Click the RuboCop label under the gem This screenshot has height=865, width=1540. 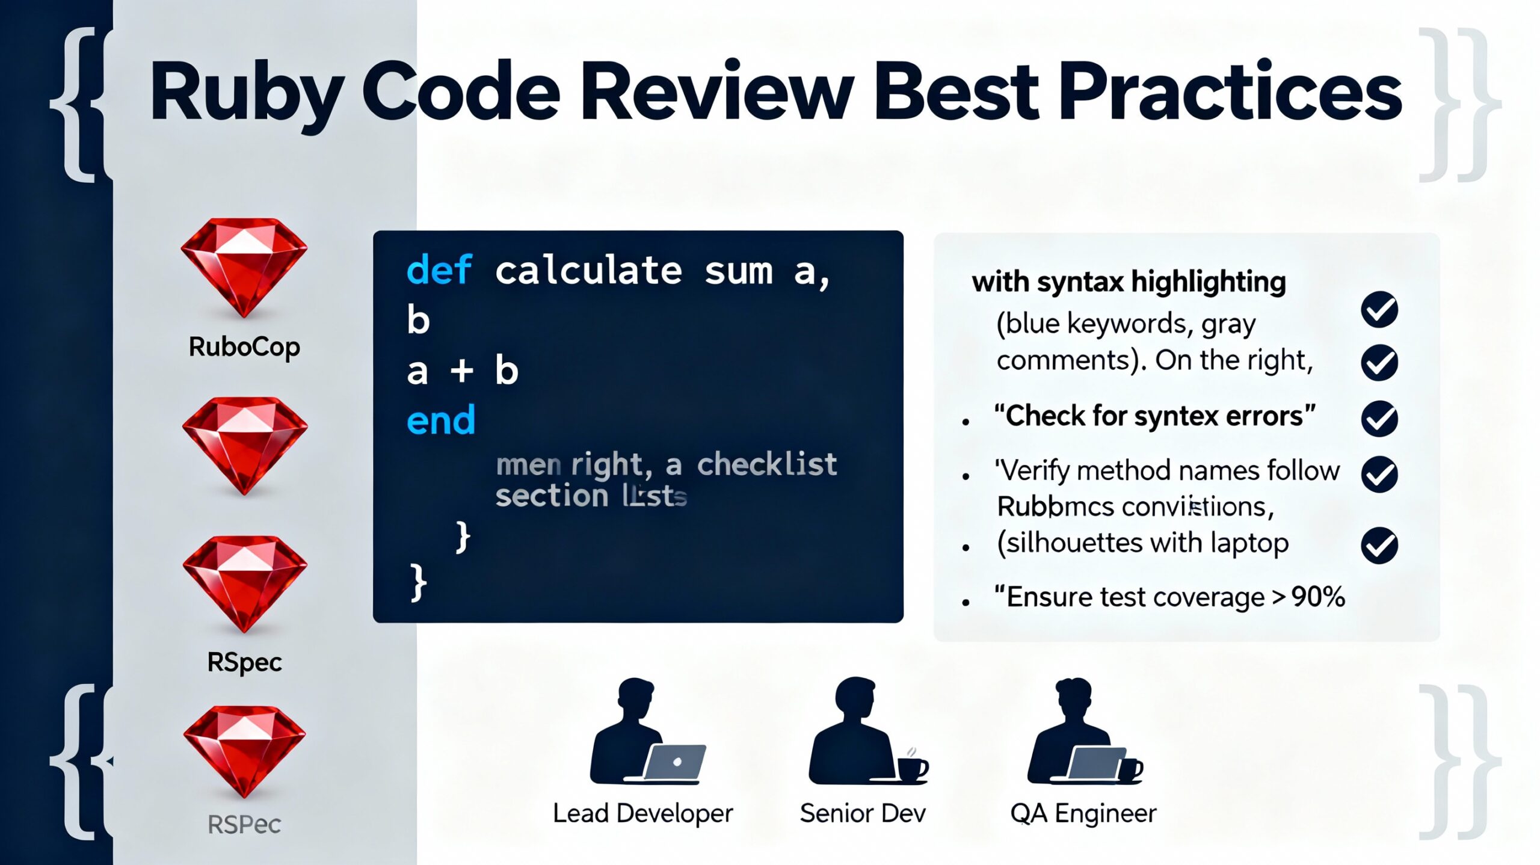pos(244,347)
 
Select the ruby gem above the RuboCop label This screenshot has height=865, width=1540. pos(244,267)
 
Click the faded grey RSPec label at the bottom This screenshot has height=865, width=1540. pos(244,824)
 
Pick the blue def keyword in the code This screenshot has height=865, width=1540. pos(439,270)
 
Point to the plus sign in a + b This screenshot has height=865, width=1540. pos(462,371)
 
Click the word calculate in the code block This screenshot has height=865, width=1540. pos(588,271)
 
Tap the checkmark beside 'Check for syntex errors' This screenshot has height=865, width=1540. pos(1379,419)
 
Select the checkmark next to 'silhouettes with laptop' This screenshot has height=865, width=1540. pos(1379,545)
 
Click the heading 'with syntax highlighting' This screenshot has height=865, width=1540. pos(1129,282)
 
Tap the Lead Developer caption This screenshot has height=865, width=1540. pos(642,813)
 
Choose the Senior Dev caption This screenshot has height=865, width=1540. pos(863,813)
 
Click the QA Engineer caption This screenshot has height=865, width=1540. pos(1083,813)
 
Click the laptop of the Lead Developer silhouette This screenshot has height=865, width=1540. pos(675,763)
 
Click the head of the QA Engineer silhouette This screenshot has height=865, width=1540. pos(1073,698)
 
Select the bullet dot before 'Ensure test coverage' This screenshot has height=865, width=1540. pos(966,602)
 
